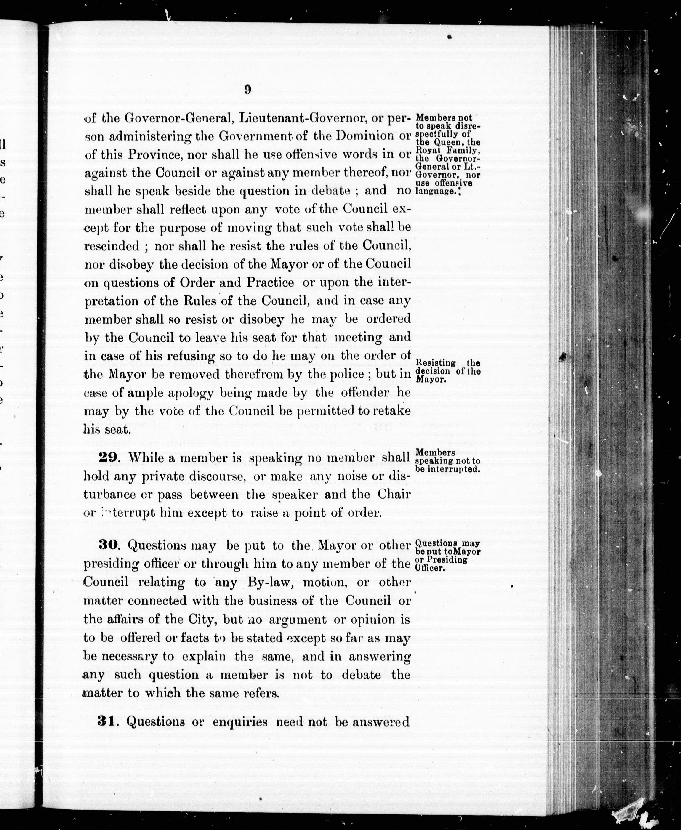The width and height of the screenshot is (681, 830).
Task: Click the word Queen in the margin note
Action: coord(439,142)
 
